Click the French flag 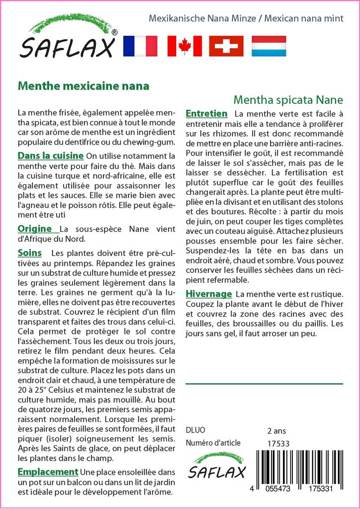[140, 46]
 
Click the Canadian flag [184, 46]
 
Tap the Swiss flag [226, 46]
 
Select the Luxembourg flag [269, 46]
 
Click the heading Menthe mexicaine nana [84, 85]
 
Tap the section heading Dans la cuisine [51, 156]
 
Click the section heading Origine [35, 229]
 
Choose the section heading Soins [30, 253]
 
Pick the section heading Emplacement [48, 472]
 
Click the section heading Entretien [206, 113]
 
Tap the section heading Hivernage [209, 293]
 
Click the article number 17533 [278, 443]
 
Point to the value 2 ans [277, 430]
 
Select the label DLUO [195, 430]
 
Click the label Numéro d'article [213, 443]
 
